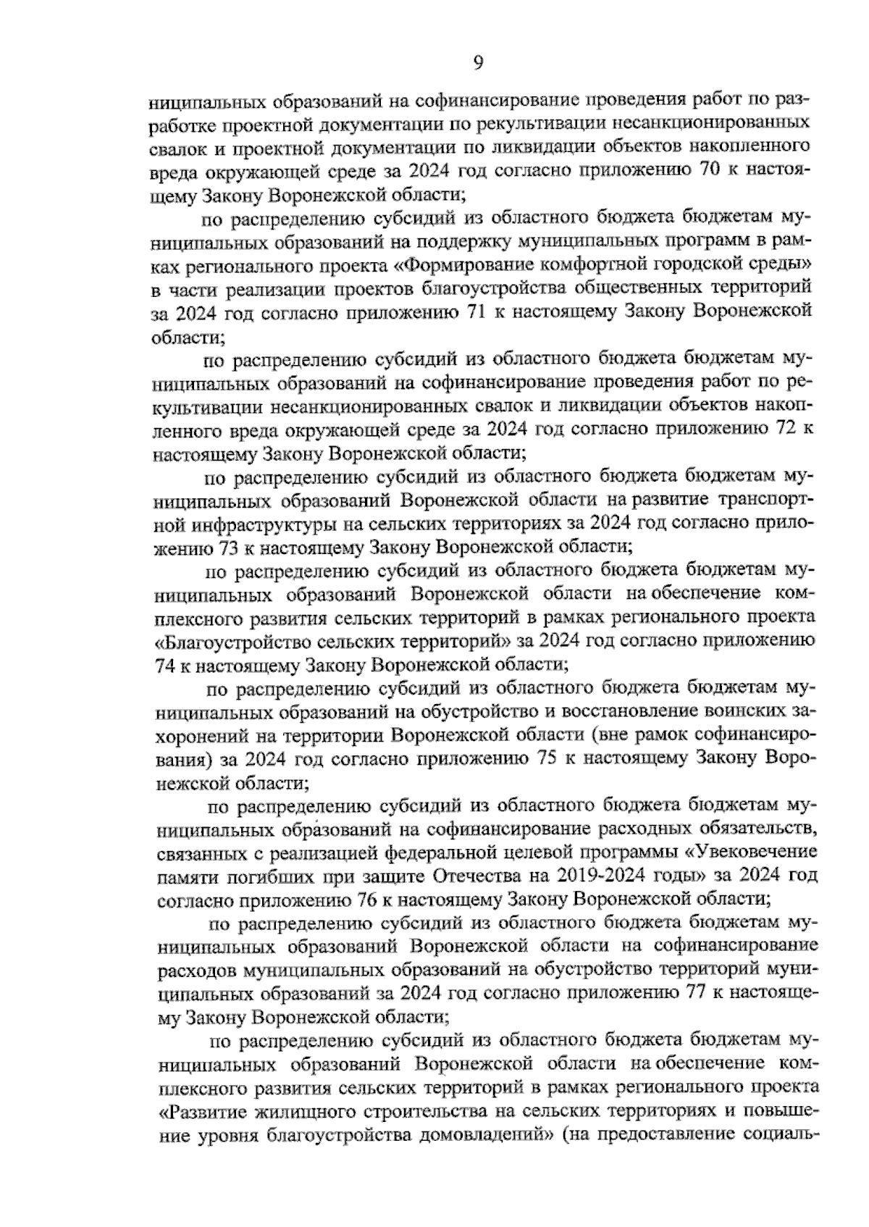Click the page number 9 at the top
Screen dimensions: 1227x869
click(x=478, y=64)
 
